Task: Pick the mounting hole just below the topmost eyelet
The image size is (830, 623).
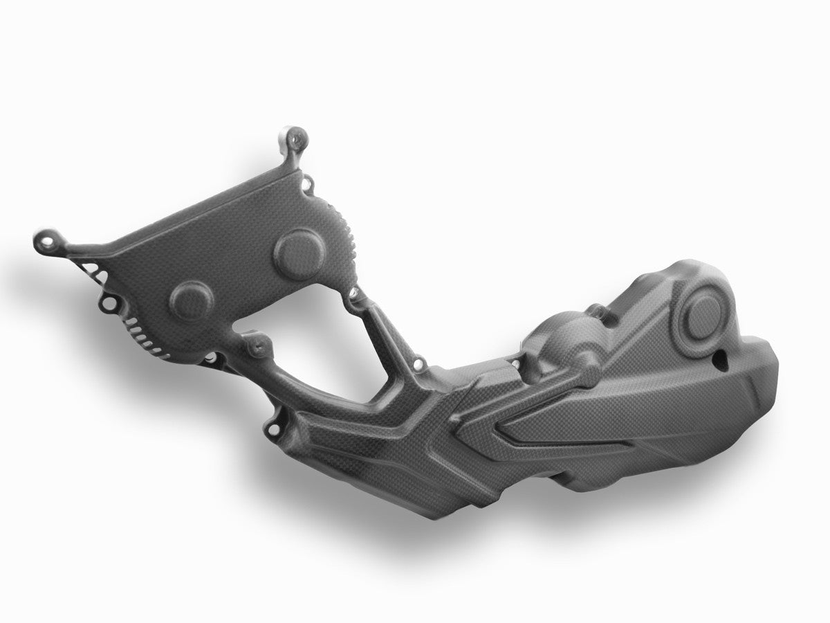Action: (x=309, y=184)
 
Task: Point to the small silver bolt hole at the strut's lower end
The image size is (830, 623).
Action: (x=418, y=362)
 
